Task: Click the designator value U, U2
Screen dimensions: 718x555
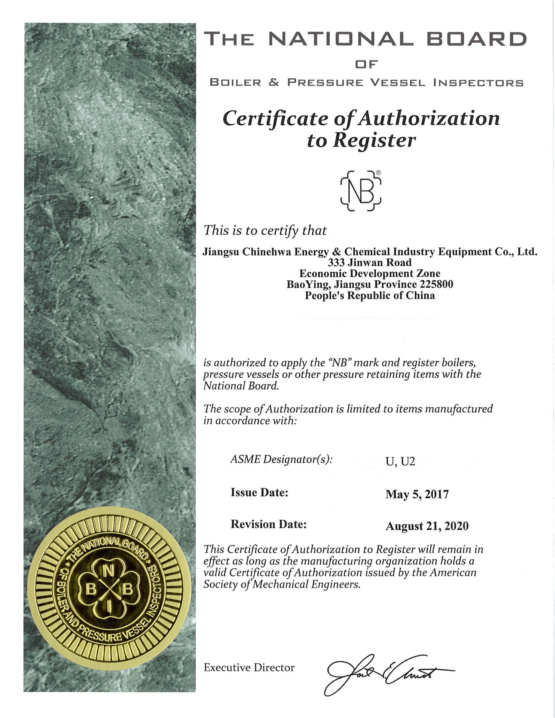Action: tap(400, 461)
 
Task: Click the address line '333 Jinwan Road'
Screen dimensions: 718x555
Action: tap(370, 262)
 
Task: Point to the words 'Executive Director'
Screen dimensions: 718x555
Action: tap(249, 667)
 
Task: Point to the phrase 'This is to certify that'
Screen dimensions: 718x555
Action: tap(265, 230)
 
